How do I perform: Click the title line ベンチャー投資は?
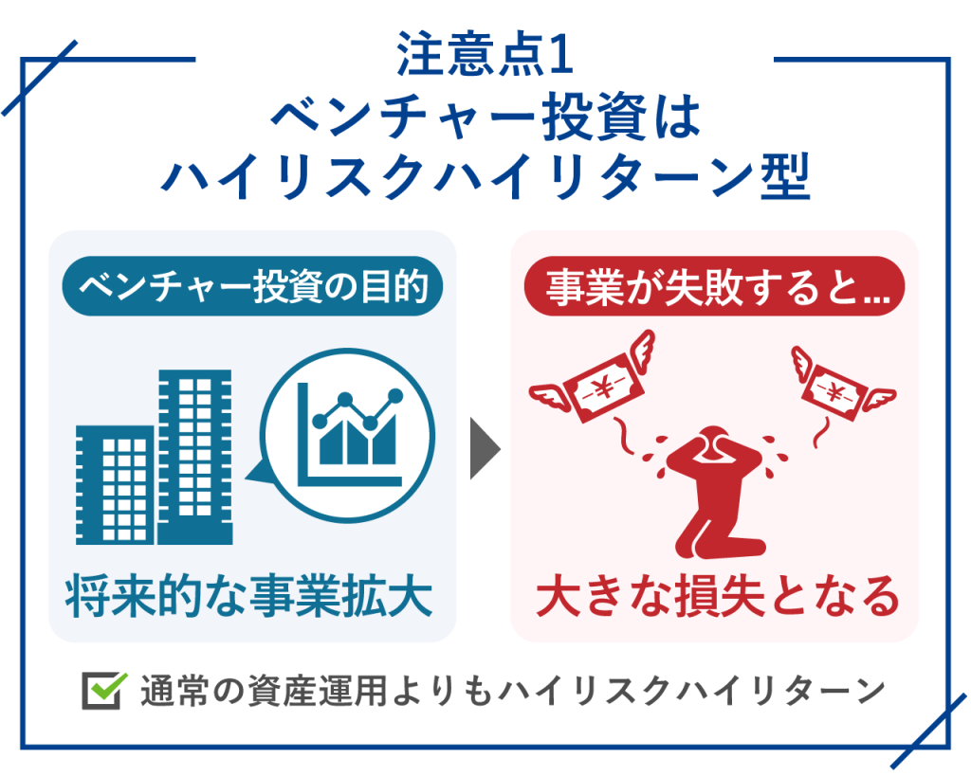click(485, 117)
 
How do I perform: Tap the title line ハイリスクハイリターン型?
click(485, 176)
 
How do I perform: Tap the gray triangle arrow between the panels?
click(484, 446)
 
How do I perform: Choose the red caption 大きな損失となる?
click(717, 596)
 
